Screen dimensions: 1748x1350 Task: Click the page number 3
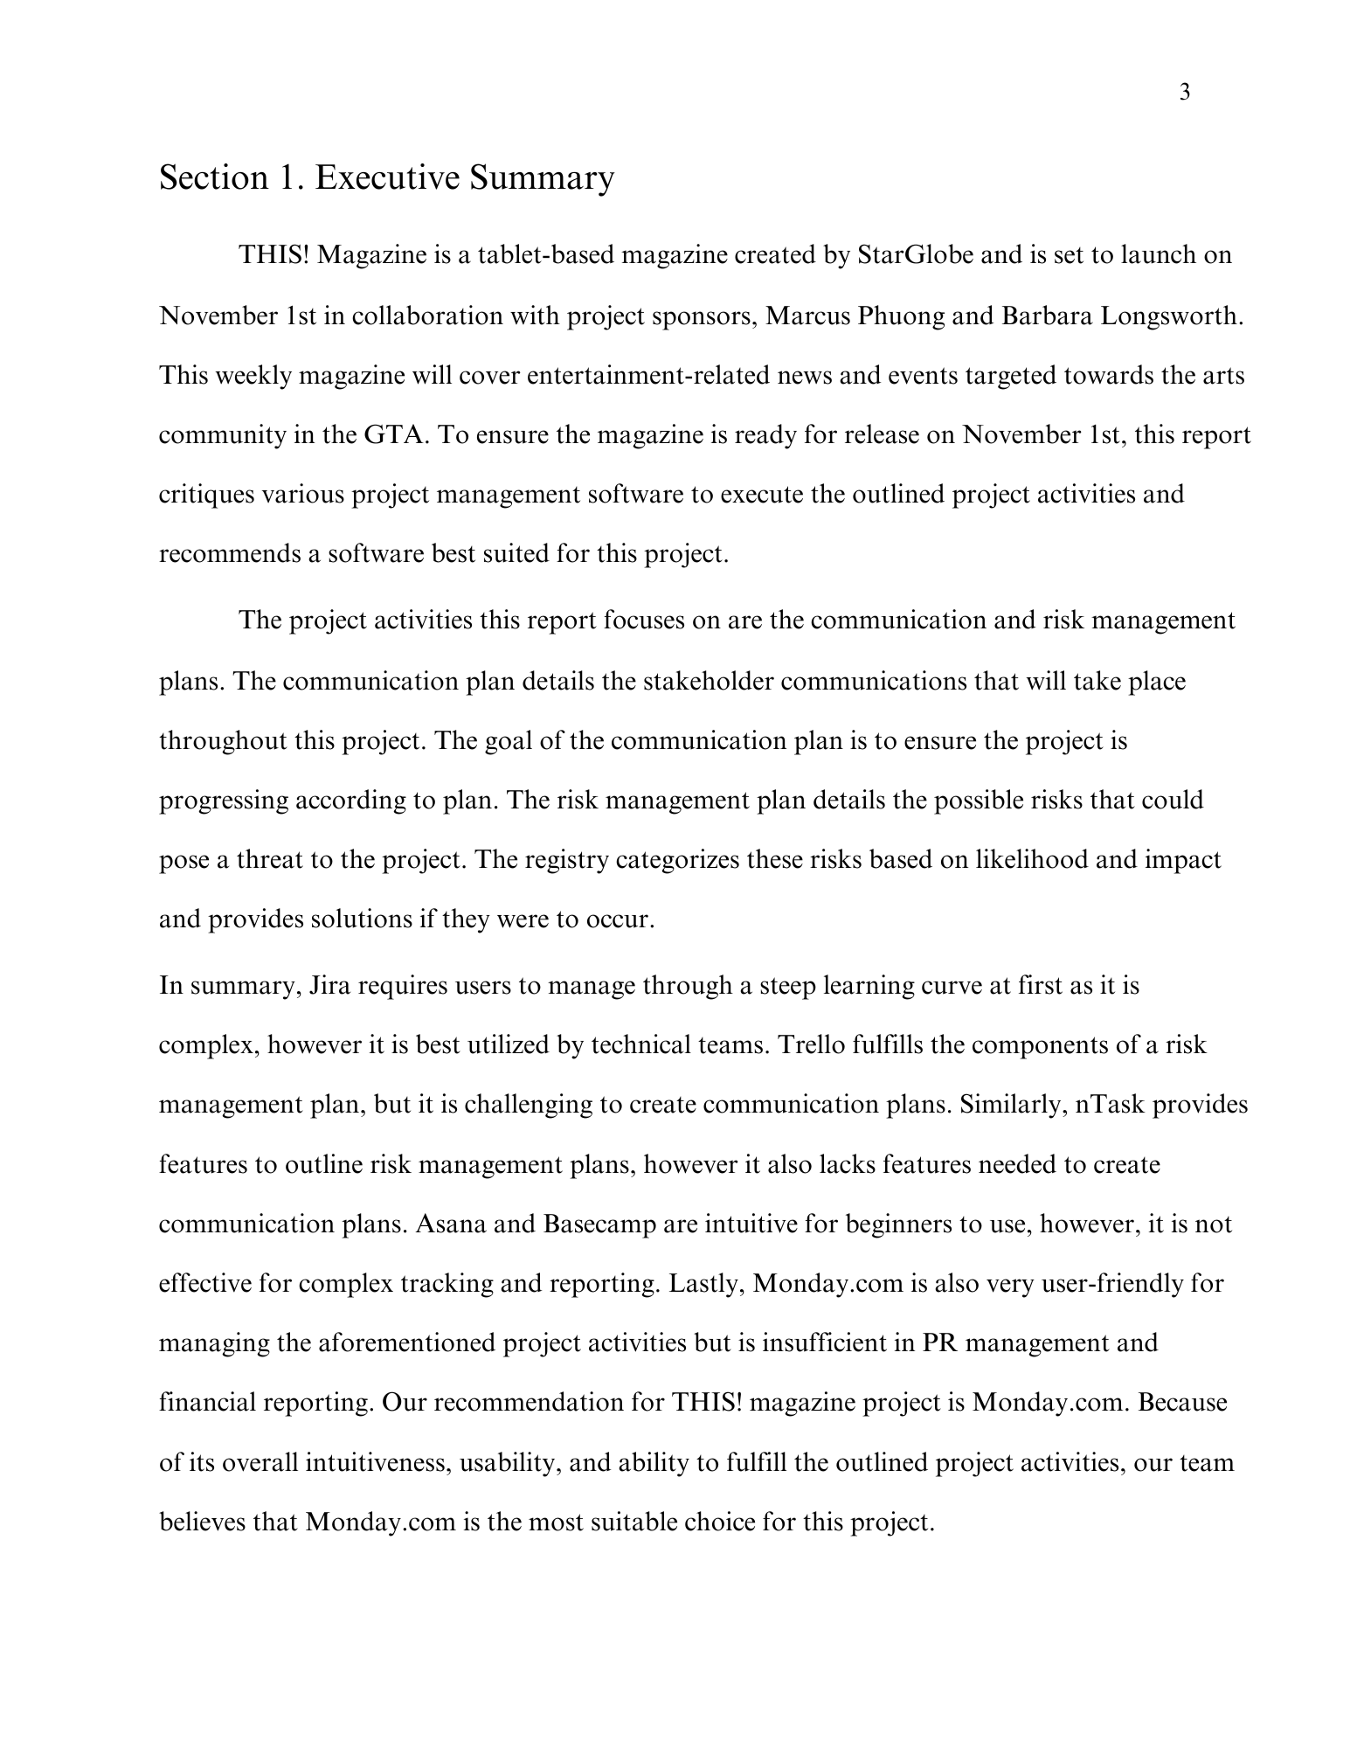[x=1185, y=93]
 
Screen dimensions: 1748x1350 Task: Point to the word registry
[x=568, y=860]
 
